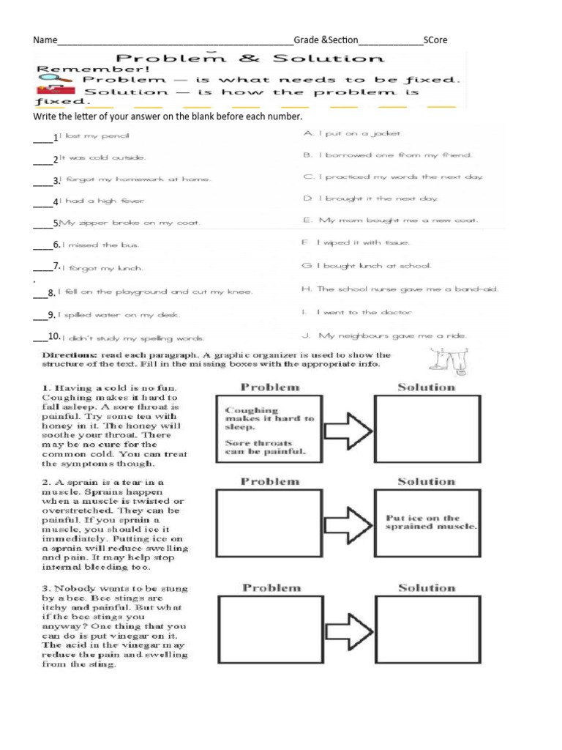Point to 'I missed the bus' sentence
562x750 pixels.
click(99, 245)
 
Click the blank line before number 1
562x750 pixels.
click(42, 139)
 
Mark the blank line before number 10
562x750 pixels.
click(40, 340)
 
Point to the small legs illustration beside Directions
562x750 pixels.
click(441, 361)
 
